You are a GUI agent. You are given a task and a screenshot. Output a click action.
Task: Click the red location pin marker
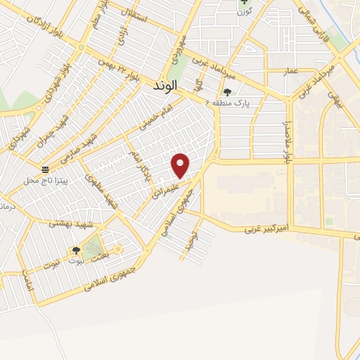[x=181, y=165]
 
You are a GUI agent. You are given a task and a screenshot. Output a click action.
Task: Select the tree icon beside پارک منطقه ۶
[x=227, y=91]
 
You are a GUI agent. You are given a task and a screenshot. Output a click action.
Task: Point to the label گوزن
[x=244, y=12]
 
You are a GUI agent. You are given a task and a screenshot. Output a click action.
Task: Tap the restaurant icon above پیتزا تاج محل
[x=46, y=169]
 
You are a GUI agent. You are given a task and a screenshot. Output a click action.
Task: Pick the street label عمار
[x=272, y=71]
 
